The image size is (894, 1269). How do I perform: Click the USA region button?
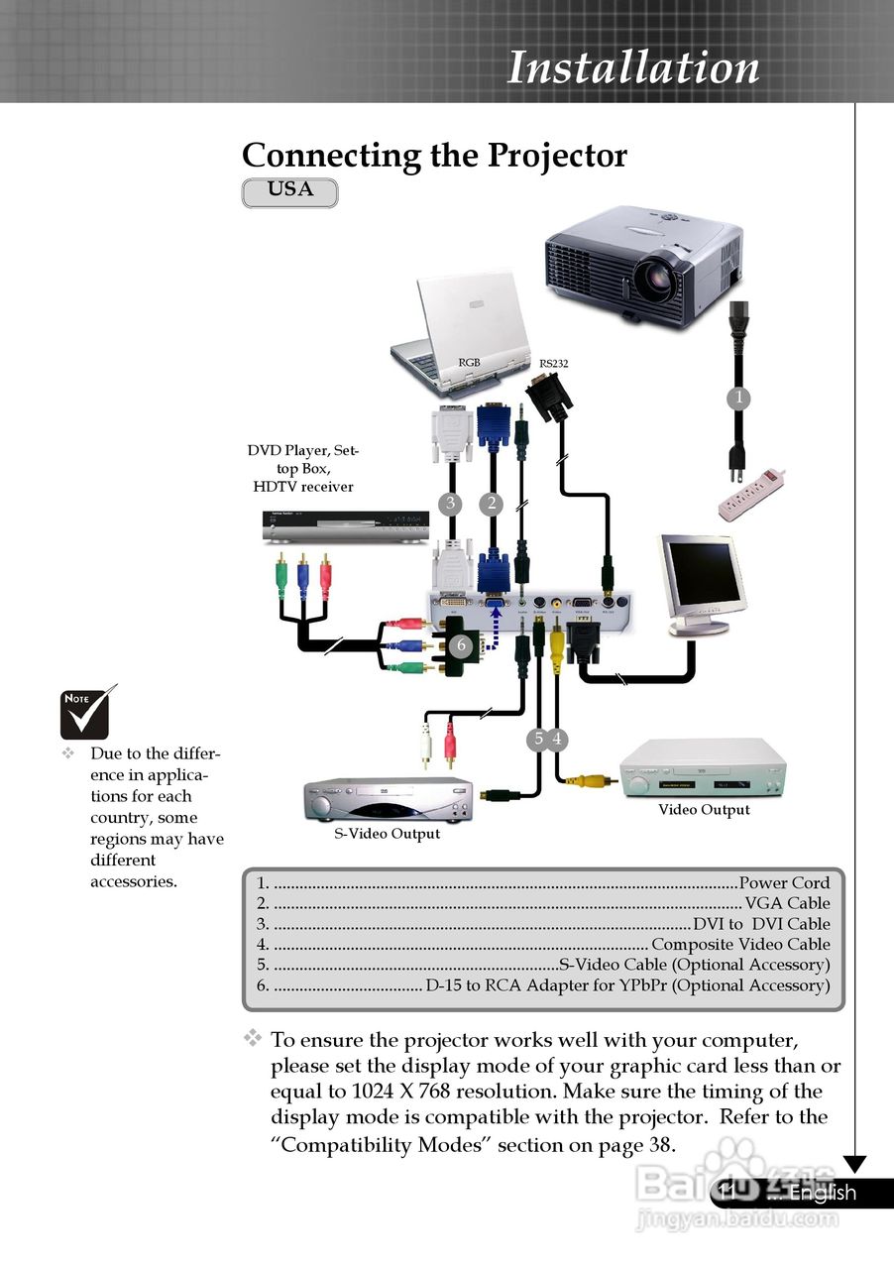289,191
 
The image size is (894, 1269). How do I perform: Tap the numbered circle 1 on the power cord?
736,399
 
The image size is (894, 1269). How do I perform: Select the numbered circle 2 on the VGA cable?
492,504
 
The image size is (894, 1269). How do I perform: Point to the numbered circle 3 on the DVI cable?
451,504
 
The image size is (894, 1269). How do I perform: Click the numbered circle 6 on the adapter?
461,645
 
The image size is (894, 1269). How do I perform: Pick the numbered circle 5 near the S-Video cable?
538,739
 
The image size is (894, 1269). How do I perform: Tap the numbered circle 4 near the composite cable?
558,739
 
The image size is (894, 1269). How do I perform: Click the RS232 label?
553,364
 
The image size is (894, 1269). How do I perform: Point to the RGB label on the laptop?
469,363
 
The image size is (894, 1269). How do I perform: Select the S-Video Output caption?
387,834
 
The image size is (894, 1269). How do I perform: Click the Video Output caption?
704,810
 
